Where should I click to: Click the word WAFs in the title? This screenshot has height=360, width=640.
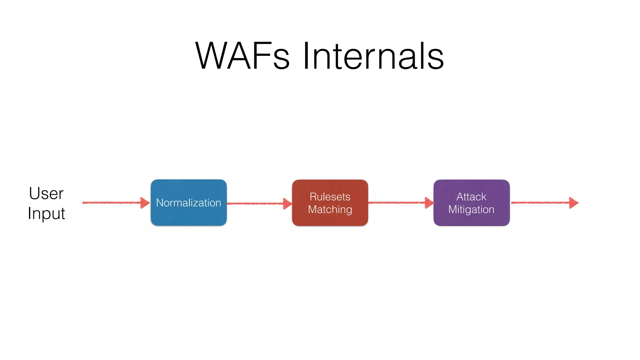point(242,56)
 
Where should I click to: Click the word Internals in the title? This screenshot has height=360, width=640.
point(373,56)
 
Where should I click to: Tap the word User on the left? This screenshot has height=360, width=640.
point(46,193)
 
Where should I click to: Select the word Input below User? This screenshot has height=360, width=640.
point(46,214)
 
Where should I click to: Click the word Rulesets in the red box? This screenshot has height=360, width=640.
point(330,197)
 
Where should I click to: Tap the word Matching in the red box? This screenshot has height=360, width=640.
point(330,209)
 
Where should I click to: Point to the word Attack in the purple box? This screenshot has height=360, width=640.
point(471,197)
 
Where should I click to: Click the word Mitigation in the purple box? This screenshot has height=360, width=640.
point(471,209)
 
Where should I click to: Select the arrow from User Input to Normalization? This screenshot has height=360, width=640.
point(112,203)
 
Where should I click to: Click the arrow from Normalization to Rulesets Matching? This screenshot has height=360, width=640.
point(255,203)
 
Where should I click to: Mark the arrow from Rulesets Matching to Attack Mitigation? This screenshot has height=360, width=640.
point(397,203)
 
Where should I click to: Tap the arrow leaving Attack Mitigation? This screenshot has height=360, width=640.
point(541,203)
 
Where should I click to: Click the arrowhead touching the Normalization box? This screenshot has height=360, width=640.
point(145,203)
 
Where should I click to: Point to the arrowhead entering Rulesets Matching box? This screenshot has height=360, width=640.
point(287,203)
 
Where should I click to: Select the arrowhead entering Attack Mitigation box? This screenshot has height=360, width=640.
point(429,203)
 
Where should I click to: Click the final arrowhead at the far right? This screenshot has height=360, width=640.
point(573,203)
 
